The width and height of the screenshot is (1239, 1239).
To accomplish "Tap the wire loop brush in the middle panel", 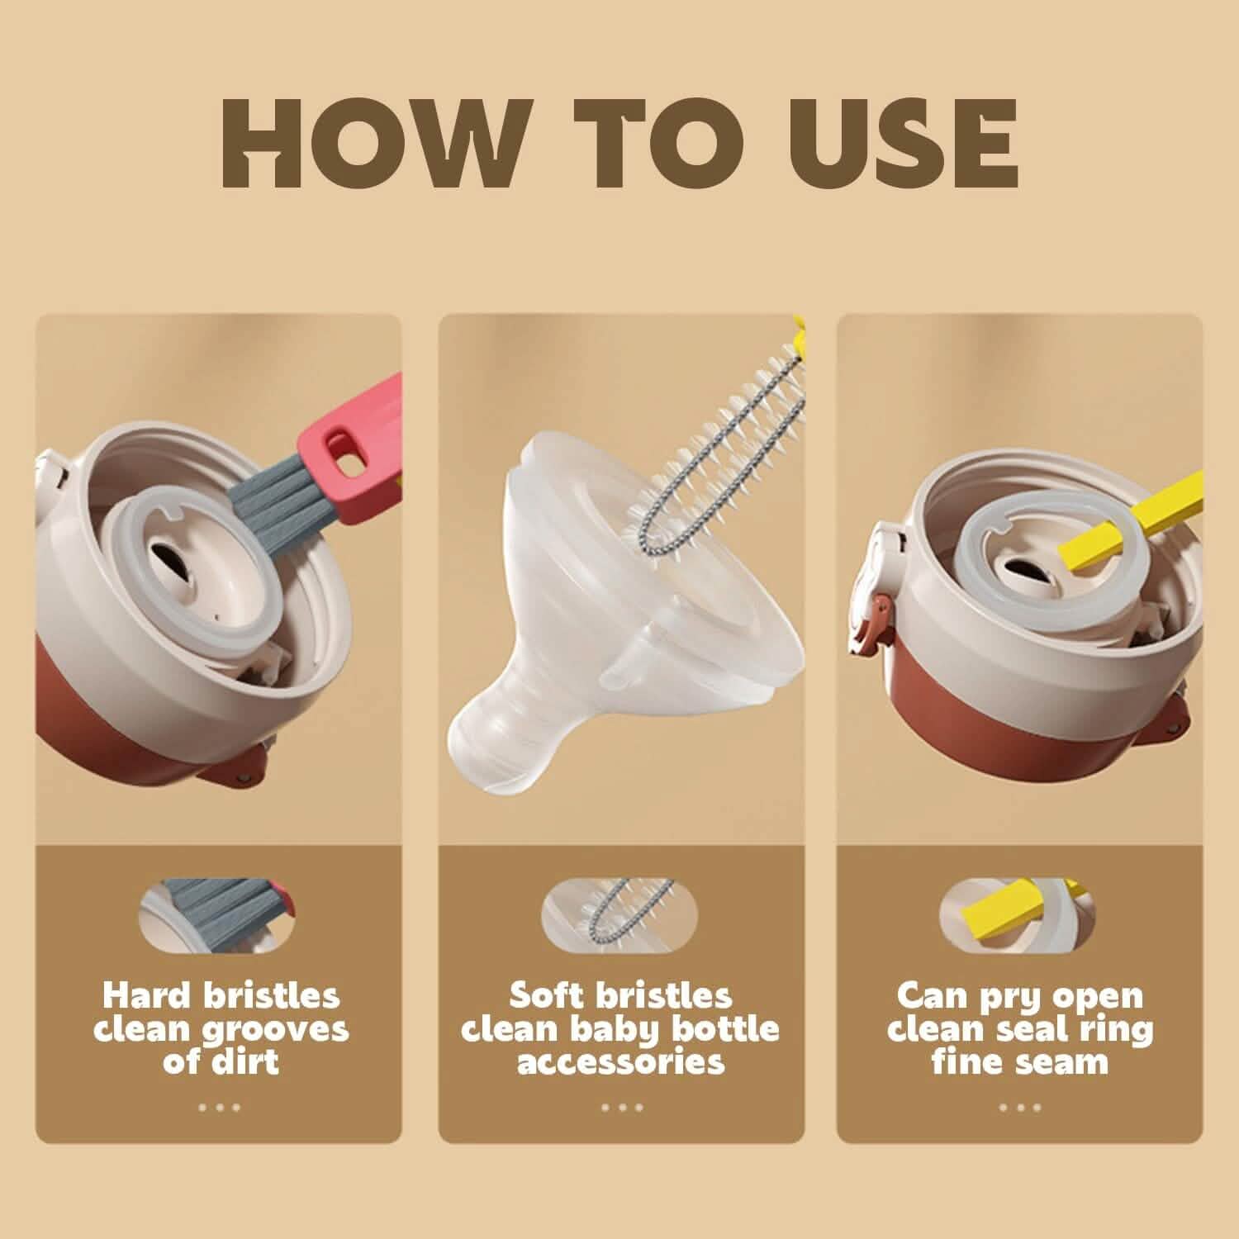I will point(710,463).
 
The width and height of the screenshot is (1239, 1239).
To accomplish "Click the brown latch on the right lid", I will point(867,632).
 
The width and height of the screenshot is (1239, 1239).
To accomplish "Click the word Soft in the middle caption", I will point(547,996).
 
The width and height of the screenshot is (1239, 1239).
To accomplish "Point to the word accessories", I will point(620,1061).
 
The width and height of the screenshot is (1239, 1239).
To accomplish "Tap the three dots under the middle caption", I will point(621,1107).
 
